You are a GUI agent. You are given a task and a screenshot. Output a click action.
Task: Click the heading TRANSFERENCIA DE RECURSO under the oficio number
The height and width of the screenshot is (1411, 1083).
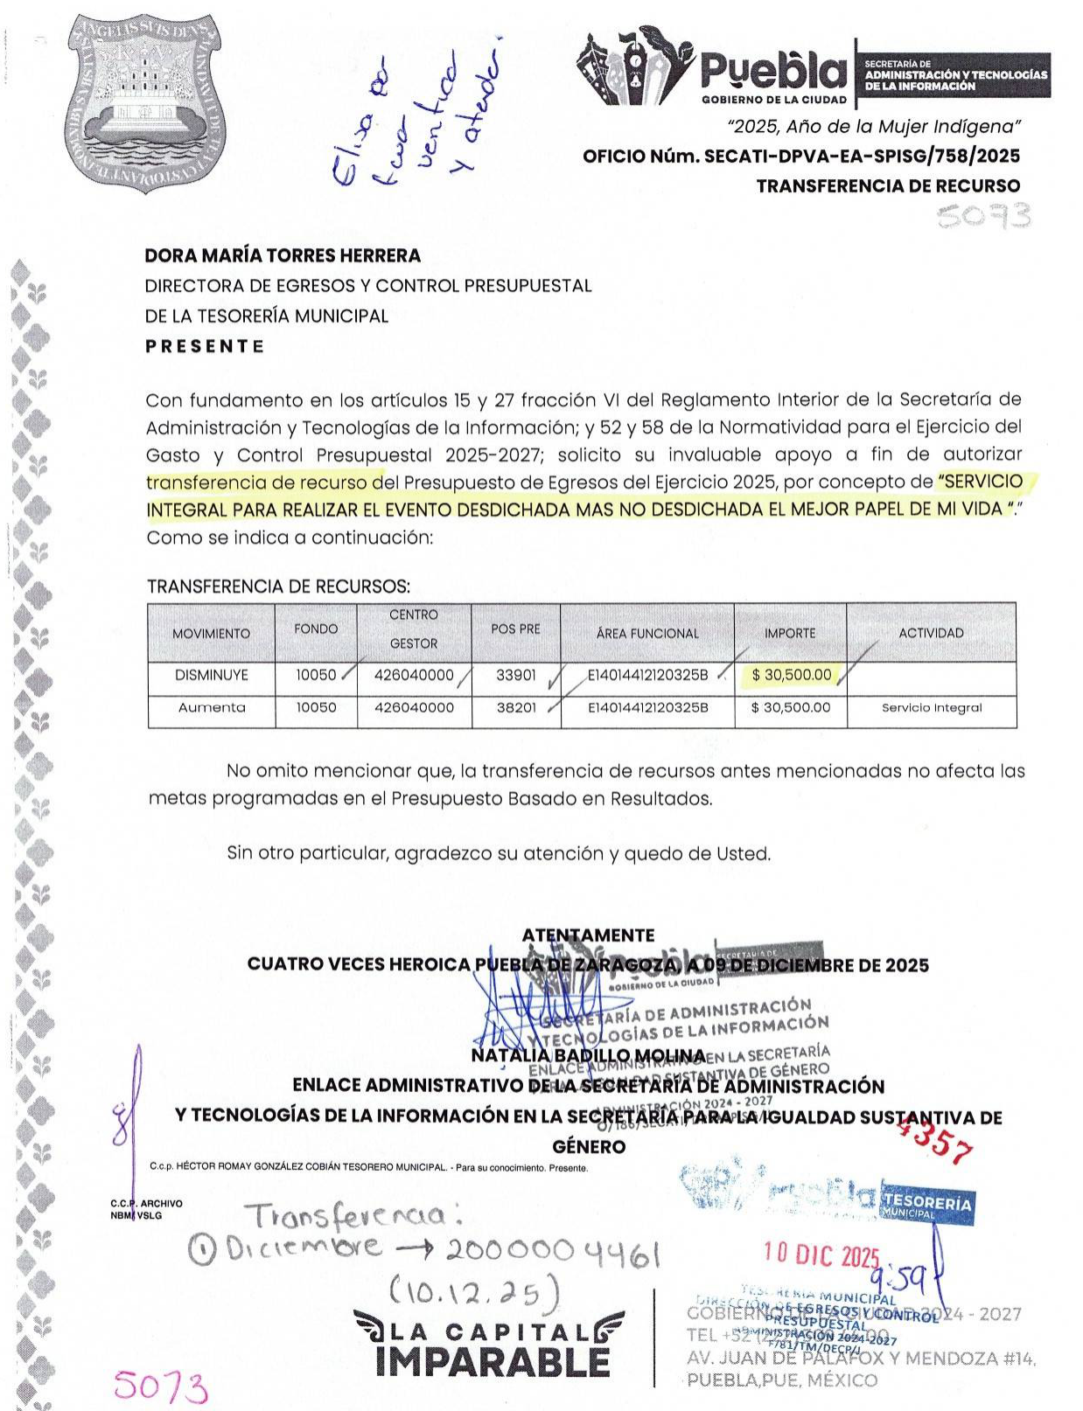pyautogui.click(x=888, y=186)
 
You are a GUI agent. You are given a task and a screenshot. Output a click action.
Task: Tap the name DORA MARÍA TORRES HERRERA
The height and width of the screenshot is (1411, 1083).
pyautogui.click(x=283, y=256)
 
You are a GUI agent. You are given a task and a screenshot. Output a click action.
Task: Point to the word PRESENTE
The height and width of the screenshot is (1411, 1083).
pyautogui.click(x=205, y=346)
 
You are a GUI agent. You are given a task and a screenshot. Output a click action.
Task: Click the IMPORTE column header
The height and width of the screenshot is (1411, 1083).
pyautogui.click(x=790, y=633)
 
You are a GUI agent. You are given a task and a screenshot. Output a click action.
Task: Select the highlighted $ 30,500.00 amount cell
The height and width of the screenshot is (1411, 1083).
pyautogui.click(x=791, y=675)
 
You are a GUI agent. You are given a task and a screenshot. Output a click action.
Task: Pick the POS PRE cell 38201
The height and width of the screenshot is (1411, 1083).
pyautogui.click(x=516, y=708)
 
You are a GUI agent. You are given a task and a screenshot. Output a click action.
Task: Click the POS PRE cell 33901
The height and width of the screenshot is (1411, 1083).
pyautogui.click(x=516, y=675)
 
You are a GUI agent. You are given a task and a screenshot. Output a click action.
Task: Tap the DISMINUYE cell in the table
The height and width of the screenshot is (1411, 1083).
pyautogui.click(x=211, y=675)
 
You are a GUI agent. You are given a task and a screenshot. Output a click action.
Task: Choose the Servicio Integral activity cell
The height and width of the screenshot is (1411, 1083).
pyautogui.click(x=932, y=708)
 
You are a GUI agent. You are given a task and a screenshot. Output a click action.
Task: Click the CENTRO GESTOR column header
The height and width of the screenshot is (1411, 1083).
pyautogui.click(x=414, y=629)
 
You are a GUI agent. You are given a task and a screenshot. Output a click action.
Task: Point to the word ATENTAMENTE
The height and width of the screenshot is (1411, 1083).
pyautogui.click(x=588, y=935)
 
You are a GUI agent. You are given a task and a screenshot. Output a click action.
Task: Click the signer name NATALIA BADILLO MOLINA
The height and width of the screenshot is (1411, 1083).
pyautogui.click(x=588, y=1056)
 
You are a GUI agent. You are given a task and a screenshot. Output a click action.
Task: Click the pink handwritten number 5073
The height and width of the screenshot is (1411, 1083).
pyautogui.click(x=162, y=1387)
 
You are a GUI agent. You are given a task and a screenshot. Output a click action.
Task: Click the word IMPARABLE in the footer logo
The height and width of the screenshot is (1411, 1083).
pyautogui.click(x=492, y=1362)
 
